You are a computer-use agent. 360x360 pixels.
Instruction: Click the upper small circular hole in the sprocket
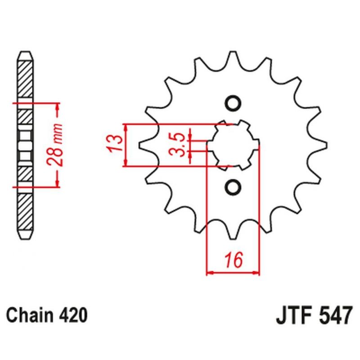(233, 103)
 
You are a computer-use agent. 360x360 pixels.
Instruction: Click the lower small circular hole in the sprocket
(233, 187)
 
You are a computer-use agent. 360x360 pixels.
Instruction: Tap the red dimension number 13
(115, 143)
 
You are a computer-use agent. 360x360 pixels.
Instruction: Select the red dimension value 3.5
(178, 145)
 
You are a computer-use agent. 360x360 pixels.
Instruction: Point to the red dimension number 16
(234, 260)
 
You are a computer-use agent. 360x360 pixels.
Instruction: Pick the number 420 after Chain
(74, 315)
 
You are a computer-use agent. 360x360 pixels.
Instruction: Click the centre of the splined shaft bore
(233, 145)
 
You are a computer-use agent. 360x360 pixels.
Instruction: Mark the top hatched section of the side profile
(25, 80)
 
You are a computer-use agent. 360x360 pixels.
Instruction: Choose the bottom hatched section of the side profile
(25, 211)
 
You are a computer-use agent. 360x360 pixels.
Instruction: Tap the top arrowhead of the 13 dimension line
(126, 128)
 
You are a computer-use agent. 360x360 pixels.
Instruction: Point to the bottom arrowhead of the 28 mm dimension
(57, 183)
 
